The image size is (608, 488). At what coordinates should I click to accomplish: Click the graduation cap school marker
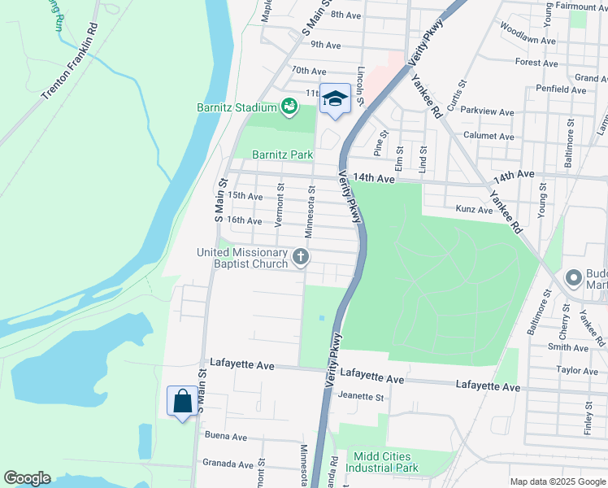point(335,99)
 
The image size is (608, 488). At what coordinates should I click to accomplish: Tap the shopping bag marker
point(180,401)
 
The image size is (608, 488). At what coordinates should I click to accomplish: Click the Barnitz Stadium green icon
point(289,106)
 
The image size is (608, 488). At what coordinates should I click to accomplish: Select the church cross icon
point(301,259)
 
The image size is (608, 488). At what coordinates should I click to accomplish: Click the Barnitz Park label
point(282,155)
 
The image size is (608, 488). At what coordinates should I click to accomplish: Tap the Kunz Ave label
point(474,210)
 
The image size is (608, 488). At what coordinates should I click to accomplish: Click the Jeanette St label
point(360,397)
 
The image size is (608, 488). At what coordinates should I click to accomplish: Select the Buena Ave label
point(225,437)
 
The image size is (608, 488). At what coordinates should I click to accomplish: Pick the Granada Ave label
point(228,464)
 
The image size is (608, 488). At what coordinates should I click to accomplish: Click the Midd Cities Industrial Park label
point(382,462)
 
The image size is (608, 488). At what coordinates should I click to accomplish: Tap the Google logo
point(27,478)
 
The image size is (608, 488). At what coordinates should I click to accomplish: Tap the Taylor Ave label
point(577,371)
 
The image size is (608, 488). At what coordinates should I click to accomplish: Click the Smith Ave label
point(567,348)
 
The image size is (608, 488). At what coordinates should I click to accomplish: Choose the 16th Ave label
point(245,220)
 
